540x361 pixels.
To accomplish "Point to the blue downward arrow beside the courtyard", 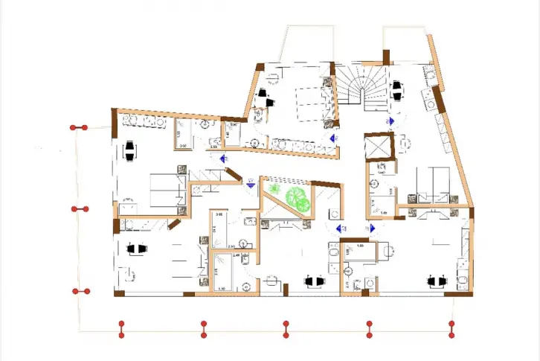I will (251, 187).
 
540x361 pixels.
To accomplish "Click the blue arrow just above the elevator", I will (388, 121).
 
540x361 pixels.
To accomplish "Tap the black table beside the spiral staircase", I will (397, 92).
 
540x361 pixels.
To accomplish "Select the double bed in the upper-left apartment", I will (167, 190).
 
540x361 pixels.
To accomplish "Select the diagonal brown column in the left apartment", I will (174, 223).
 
